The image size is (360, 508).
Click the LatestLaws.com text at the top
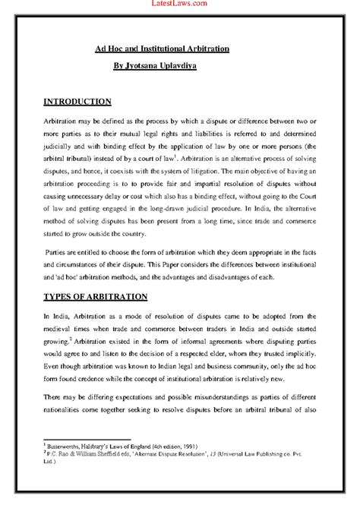coord(180,5)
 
